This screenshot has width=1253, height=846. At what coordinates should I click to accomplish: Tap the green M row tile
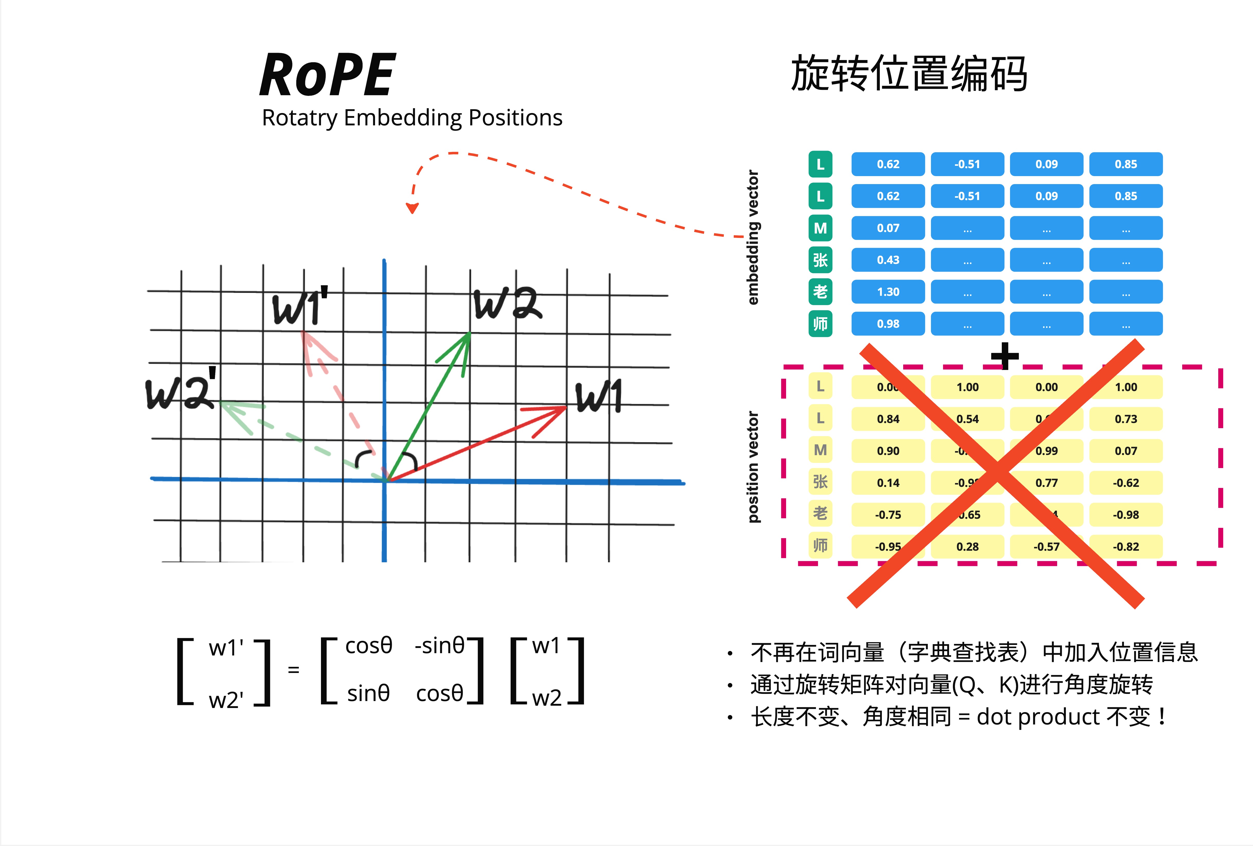click(x=820, y=228)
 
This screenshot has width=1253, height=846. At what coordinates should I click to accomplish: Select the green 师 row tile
click(x=820, y=324)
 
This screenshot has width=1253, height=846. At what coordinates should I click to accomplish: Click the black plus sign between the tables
click(x=1004, y=356)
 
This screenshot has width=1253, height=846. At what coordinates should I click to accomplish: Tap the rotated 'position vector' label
click(x=753, y=467)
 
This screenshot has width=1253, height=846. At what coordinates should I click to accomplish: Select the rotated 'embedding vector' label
click(x=753, y=237)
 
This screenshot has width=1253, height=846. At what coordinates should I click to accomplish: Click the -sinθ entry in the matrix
click(x=439, y=645)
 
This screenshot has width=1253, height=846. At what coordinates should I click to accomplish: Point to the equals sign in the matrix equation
click(x=293, y=670)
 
